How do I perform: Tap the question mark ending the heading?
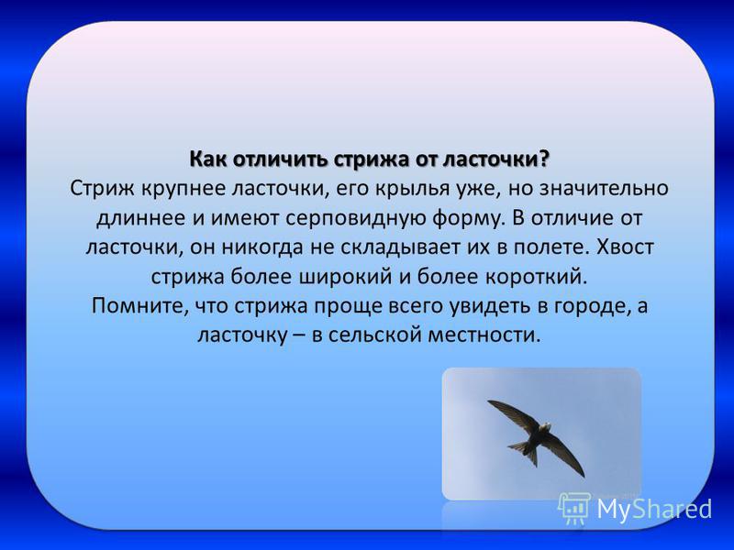pyautogui.click(x=544, y=159)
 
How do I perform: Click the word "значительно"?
pyautogui.click(x=604, y=189)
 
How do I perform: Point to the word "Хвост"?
pyautogui.click(x=625, y=247)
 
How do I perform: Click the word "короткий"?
pyautogui.click(x=535, y=277)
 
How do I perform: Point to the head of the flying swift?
pyautogui.click(x=545, y=427)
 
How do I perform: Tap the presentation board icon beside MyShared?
pyautogui.click(x=574, y=509)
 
